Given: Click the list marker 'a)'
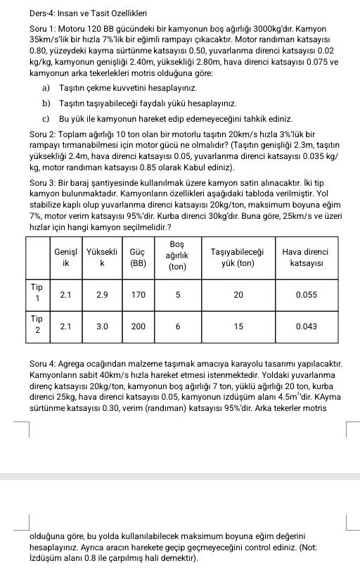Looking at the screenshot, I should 46,87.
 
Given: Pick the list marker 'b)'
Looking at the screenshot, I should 46,103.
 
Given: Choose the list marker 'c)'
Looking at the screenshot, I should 46,119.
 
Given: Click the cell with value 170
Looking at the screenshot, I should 138,296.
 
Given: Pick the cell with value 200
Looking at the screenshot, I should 138,327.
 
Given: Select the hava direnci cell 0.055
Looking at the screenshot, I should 307,296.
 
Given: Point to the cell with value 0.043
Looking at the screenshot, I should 307,327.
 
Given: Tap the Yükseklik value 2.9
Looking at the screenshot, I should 101,296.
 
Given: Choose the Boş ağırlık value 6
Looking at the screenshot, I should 177,327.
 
